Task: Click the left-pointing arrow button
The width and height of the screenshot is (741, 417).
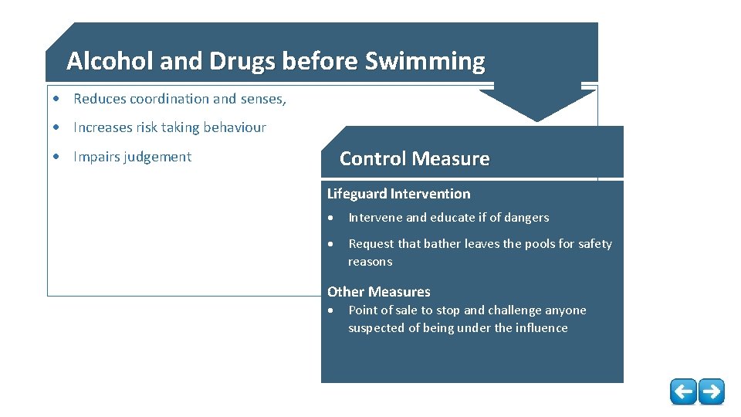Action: tap(682, 392)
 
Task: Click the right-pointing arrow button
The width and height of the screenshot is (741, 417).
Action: tap(711, 392)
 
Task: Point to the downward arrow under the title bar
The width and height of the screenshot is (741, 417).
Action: tap(538, 103)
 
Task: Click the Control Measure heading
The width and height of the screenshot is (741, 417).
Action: tap(414, 159)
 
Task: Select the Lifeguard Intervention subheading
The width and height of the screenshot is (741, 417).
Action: tap(398, 194)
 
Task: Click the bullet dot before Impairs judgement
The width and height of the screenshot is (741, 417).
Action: tap(57, 158)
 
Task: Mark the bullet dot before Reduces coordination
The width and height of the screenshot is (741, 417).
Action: tap(57, 100)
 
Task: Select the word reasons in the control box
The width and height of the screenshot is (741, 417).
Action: tap(370, 262)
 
